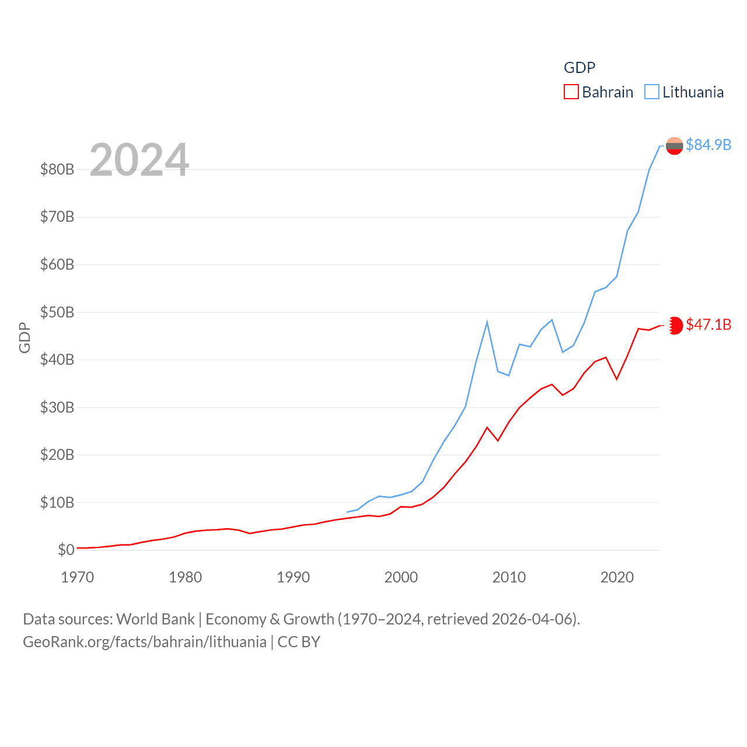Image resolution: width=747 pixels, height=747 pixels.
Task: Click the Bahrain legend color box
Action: pos(571,92)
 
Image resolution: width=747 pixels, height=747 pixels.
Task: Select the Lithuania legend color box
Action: pos(651,92)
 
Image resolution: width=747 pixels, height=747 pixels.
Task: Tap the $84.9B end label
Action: pos(708,145)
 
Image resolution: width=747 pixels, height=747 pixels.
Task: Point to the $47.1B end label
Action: pos(708,324)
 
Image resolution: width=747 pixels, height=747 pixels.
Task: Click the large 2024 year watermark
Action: pos(139,159)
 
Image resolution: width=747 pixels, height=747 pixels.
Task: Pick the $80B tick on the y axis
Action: pos(57,169)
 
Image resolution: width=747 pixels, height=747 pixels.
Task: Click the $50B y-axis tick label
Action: pos(57,312)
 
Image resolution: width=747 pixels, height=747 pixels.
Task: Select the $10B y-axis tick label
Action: pos(57,502)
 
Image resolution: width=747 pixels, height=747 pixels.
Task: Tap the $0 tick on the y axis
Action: pos(66,550)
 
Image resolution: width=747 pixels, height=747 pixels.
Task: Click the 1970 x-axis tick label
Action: pos(78,577)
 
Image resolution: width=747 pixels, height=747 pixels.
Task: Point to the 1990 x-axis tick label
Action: pos(293,577)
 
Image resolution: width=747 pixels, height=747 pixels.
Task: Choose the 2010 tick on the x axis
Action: pos(509,577)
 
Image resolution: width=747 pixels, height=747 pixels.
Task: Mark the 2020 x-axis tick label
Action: pos(617,577)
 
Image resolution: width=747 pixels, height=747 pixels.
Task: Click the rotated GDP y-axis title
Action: pos(25,337)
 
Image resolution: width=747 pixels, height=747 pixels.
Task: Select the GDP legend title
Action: pos(580,68)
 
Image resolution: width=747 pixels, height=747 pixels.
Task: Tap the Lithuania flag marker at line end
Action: pos(675,146)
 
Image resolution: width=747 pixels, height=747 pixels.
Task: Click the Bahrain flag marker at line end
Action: pos(675,326)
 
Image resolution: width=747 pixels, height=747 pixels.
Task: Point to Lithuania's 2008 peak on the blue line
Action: pos(487,322)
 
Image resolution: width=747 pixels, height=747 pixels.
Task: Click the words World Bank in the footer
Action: pos(156,619)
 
